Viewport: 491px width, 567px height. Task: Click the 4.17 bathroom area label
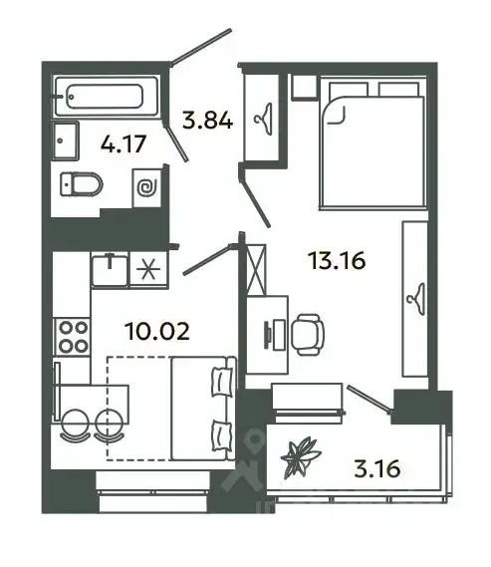coord(123,143)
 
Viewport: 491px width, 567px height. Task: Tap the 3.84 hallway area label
coord(207,121)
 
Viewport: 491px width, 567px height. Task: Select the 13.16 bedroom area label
coord(337,261)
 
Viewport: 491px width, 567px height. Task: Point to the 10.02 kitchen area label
coord(156,331)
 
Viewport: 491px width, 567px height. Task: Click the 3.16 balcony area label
coord(377,468)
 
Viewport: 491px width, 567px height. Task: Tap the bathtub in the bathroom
coord(107,96)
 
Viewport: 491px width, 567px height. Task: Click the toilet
coord(82,184)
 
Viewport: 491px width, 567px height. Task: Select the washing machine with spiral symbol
coord(146,188)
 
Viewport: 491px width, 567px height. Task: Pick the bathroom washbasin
coord(66,141)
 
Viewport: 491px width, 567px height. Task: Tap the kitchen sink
coord(110,270)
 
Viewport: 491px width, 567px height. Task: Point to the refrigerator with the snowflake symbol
coord(148,270)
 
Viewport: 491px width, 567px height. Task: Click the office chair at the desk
coord(308,335)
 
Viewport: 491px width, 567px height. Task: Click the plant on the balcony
coord(301,457)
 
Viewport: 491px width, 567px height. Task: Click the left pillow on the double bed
coord(349,90)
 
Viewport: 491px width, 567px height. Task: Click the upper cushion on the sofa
coord(222,383)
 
